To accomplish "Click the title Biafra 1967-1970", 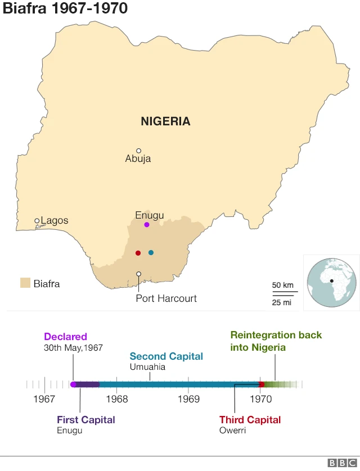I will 65,8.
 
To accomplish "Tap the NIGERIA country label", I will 165,121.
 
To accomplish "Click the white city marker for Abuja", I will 138,151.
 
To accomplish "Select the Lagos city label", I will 55,220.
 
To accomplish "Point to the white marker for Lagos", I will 37,221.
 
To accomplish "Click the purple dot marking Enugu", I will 147,225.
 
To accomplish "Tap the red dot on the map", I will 138,253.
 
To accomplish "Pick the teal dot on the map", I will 151,253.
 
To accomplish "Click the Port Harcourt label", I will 166,298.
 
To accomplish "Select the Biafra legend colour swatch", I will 25,283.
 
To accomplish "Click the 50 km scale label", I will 283,285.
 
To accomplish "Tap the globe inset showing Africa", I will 331,282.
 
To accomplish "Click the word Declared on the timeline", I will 65,337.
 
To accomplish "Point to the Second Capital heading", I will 166,356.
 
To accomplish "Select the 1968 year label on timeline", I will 116,400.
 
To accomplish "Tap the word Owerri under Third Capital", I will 232,431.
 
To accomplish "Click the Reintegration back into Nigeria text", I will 276,341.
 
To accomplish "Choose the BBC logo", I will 340,463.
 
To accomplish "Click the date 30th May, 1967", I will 73,348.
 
